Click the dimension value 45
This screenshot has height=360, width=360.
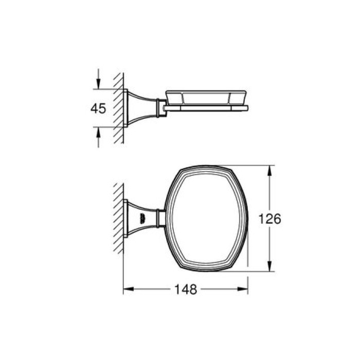98,109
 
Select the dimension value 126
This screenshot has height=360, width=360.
269,219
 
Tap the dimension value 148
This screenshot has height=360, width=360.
186,290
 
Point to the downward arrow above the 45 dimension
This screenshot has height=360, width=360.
98,82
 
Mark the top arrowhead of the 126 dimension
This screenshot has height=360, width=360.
269,170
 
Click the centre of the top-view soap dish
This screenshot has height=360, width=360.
206,218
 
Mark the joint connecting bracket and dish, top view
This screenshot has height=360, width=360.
161,218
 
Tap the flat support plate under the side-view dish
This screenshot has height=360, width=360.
206,108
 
